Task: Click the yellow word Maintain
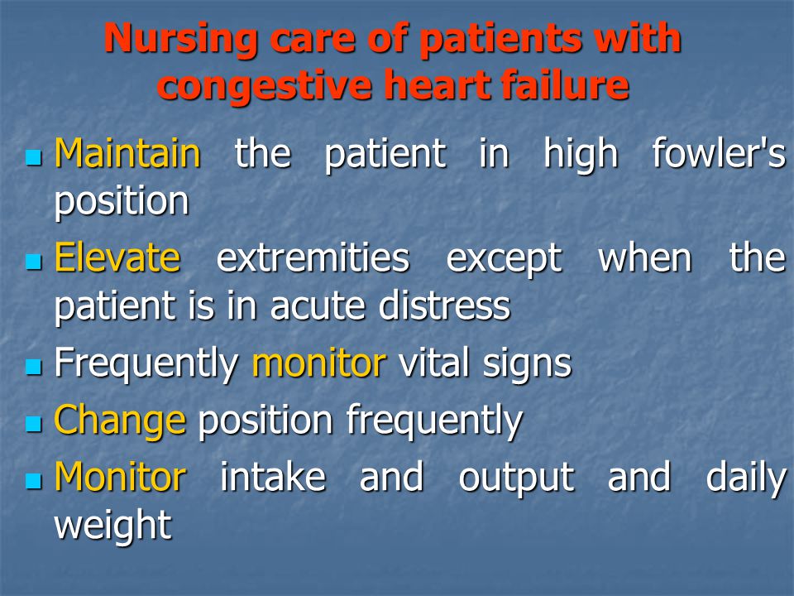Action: tap(127, 152)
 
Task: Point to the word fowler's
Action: tap(719, 152)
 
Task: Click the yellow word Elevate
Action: tap(117, 257)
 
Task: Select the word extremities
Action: tap(313, 257)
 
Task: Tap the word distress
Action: tap(445, 305)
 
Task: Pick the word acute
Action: tap(318, 306)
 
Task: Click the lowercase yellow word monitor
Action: tap(319, 363)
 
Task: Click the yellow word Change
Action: tap(121, 421)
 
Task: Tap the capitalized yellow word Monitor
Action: tap(121, 477)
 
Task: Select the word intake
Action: tap(273, 477)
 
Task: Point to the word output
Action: tap(516, 478)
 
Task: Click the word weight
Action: tap(113, 525)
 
